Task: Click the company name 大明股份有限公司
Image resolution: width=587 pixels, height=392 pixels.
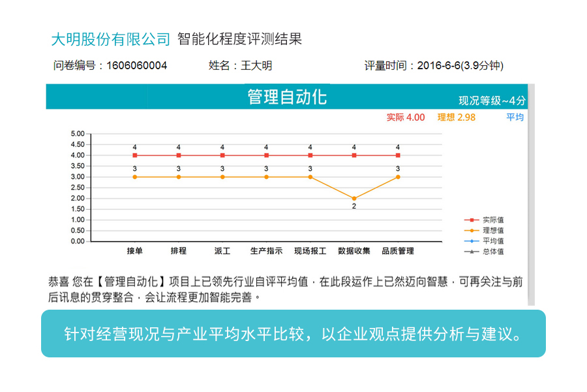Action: click(110, 39)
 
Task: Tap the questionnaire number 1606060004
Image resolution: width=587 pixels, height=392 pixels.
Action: click(136, 65)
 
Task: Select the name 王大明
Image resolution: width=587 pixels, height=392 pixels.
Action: click(256, 65)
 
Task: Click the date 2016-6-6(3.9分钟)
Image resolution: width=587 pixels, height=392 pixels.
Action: click(460, 65)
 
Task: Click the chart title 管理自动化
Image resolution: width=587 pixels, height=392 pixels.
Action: click(287, 97)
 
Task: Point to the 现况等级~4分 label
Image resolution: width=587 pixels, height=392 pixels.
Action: click(492, 101)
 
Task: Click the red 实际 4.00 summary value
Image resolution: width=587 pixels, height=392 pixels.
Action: click(405, 118)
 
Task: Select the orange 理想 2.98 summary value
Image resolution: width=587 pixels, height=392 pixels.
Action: click(457, 118)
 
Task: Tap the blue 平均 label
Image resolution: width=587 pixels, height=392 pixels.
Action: click(515, 118)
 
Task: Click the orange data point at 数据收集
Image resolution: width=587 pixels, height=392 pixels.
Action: click(354, 199)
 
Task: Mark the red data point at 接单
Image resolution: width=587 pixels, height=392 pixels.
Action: click(134, 155)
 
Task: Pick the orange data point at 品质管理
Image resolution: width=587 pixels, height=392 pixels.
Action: click(398, 177)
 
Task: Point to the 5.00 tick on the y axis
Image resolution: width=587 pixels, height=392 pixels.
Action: click(77, 134)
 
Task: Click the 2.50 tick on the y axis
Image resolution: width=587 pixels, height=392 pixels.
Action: click(77, 188)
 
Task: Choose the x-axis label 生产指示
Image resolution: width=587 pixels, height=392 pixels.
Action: click(266, 251)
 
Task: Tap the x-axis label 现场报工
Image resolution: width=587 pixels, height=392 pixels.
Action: click(310, 251)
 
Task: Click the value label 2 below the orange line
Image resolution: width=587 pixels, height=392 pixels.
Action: click(354, 206)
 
